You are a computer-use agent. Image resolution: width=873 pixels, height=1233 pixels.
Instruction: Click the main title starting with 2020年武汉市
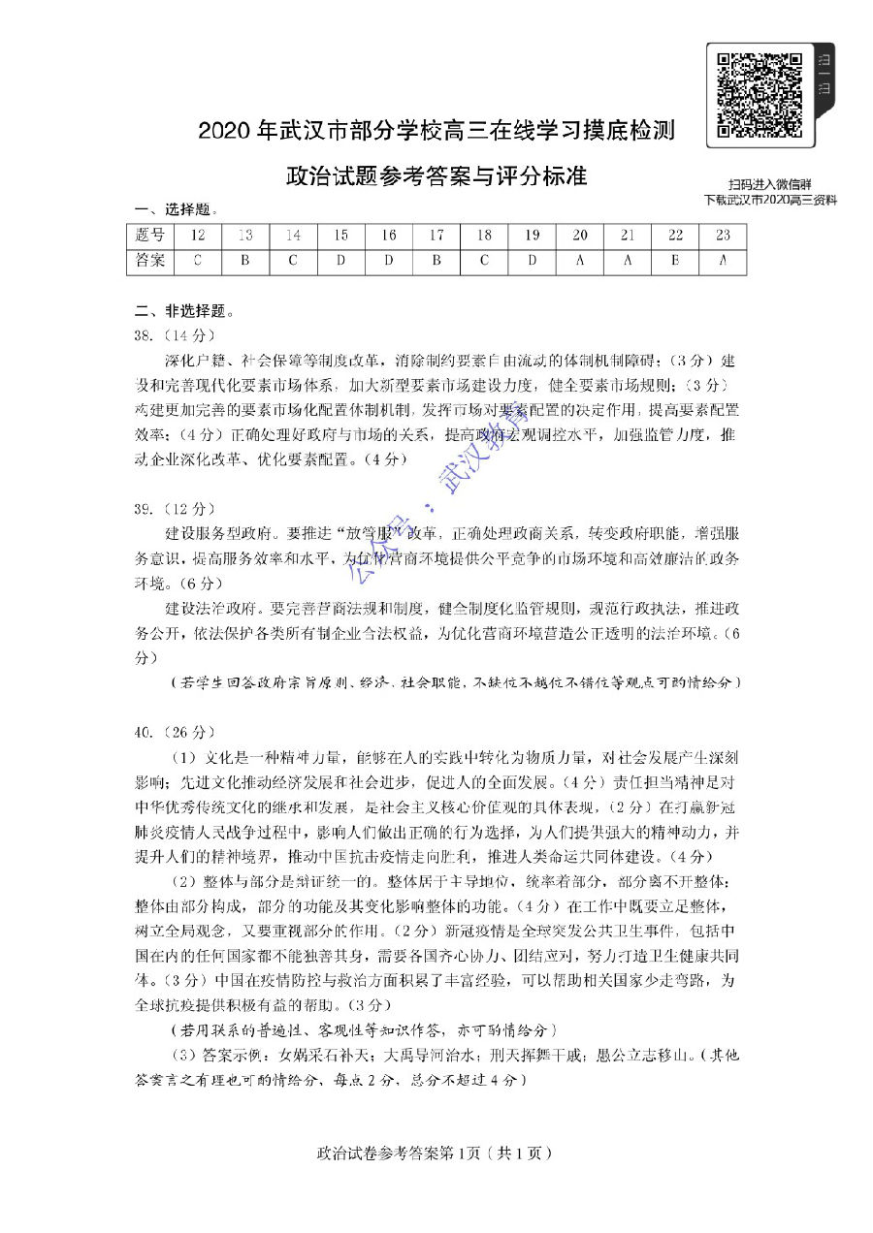pyautogui.click(x=436, y=132)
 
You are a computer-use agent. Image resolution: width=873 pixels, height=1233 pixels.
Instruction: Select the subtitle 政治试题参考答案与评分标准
pyautogui.click(x=436, y=177)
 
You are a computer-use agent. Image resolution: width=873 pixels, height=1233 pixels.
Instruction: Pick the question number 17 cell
pyautogui.click(x=436, y=236)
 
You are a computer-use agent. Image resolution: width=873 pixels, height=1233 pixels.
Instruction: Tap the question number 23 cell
pyautogui.click(x=723, y=236)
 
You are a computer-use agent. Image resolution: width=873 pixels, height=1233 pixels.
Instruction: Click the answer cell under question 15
pyautogui.click(x=340, y=261)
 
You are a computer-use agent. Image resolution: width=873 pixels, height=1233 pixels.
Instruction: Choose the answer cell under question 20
pyautogui.click(x=579, y=261)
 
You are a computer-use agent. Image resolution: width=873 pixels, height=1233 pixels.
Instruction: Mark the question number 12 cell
pyautogui.click(x=197, y=236)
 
